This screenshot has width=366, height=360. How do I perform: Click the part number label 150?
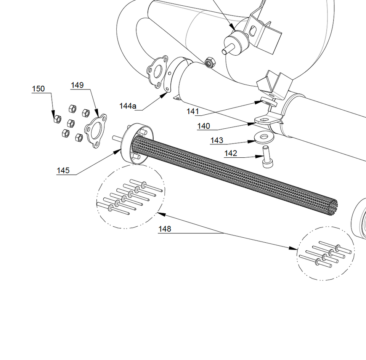pyautogui.click(x=38, y=89)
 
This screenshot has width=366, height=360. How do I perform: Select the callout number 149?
pyautogui.click(x=77, y=85)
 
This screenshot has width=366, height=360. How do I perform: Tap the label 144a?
pyautogui.click(x=128, y=106)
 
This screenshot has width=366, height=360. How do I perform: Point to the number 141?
pyautogui.click(x=193, y=111)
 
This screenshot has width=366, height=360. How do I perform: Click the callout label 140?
pyautogui.click(x=204, y=126)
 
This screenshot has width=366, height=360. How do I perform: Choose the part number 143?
pyautogui.click(x=217, y=141)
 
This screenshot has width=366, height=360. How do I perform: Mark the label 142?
pyautogui.click(x=231, y=154)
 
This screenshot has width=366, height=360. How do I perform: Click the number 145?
pyautogui.click(x=63, y=170)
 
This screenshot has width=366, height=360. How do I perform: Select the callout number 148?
pyautogui.click(x=165, y=229)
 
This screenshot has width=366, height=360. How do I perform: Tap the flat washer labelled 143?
pyautogui.click(x=263, y=137)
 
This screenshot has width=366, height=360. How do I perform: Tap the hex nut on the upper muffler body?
pyautogui.click(x=209, y=62)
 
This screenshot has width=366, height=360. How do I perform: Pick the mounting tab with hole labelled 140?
pyautogui.click(x=263, y=120)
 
